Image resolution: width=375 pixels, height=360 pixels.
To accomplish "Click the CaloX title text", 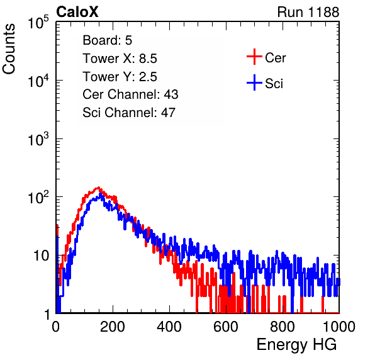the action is [x=77, y=12].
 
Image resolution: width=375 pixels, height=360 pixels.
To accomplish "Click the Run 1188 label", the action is [x=308, y=12].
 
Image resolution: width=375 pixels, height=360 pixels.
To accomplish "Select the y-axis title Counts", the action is [x=9, y=49].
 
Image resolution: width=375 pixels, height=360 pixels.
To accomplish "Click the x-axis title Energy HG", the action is [x=296, y=344].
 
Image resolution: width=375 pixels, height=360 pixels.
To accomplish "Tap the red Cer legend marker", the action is [x=254, y=57].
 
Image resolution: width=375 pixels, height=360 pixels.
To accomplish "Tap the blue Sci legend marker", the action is [x=254, y=82].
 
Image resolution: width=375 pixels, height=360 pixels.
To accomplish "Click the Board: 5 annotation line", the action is [x=108, y=40].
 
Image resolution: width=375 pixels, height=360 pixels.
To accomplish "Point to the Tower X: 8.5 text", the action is [x=120, y=59].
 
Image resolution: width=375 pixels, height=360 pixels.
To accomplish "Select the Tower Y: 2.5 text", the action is [x=120, y=77].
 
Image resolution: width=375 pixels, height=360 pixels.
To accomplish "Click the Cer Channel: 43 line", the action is [x=130, y=94].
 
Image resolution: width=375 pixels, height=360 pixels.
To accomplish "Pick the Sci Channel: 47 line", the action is [x=129, y=113].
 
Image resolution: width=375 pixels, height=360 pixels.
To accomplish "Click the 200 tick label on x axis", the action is [x=113, y=327].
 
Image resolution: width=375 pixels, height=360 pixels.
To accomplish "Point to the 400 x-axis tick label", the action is [x=169, y=327].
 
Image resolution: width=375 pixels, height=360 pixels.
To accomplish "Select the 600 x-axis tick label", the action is [x=226, y=327].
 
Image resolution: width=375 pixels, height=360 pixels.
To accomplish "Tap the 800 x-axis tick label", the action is [x=283, y=327].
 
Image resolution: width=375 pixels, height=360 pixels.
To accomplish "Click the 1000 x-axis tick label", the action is [x=339, y=327].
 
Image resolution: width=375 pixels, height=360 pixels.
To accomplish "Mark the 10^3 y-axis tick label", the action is [x=38, y=139].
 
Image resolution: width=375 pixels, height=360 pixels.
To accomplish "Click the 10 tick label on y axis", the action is [x=41, y=256].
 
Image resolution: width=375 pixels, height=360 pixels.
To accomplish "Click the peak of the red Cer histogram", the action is [x=98, y=188].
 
